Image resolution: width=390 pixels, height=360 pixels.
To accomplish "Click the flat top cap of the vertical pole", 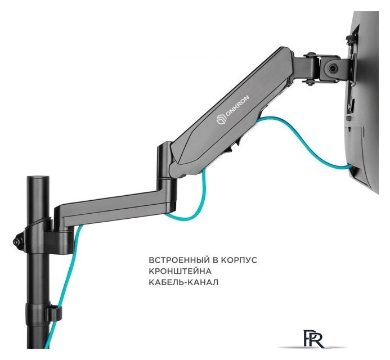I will tap(38, 178).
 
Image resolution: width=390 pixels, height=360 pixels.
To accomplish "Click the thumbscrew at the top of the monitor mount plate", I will tap(351, 39).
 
